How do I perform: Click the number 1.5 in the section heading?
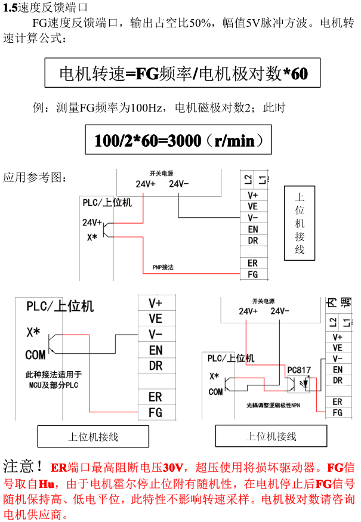click(x=10, y=7)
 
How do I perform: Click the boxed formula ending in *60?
click(x=183, y=73)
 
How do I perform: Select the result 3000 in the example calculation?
click(x=184, y=140)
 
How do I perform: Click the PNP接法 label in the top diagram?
click(x=163, y=267)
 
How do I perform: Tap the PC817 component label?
click(x=299, y=370)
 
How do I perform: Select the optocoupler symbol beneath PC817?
click(x=298, y=384)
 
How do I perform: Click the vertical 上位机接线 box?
click(x=300, y=223)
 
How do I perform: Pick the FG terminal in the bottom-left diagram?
click(x=156, y=413)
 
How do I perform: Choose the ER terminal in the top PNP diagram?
click(x=253, y=263)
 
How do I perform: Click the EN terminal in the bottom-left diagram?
click(x=156, y=350)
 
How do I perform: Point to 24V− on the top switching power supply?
click(x=178, y=184)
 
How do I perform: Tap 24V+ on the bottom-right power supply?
click(x=248, y=311)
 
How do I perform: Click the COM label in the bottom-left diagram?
click(x=35, y=355)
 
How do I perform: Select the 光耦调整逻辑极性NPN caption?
click(x=273, y=405)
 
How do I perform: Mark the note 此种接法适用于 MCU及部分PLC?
click(x=54, y=380)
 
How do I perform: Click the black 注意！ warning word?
click(x=23, y=467)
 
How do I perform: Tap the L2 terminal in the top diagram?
click(x=248, y=180)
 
